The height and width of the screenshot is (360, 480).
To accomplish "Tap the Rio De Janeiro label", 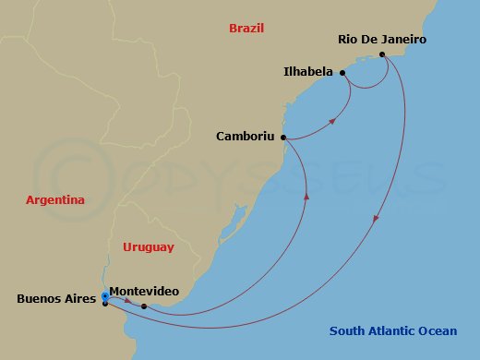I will click(382, 41).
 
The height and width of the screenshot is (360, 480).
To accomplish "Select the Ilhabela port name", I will click(308, 70).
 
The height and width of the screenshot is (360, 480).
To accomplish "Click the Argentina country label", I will click(55, 199).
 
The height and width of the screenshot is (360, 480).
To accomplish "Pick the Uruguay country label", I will click(148, 246).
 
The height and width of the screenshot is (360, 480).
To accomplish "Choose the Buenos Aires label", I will click(54, 299).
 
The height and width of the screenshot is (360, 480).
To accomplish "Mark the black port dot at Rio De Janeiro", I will click(383, 54).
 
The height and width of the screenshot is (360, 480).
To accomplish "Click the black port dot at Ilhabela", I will click(342, 72).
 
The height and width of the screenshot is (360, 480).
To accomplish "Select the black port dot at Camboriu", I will click(282, 138).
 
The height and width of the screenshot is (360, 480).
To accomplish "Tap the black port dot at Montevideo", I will click(144, 306).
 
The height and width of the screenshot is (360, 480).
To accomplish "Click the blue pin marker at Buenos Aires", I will click(105, 297).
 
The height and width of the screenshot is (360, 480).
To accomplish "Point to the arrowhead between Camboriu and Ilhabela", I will click(332, 120).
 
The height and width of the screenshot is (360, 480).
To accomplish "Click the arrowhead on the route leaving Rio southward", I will click(375, 220).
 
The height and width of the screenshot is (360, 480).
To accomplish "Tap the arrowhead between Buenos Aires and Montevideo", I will click(127, 301).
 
